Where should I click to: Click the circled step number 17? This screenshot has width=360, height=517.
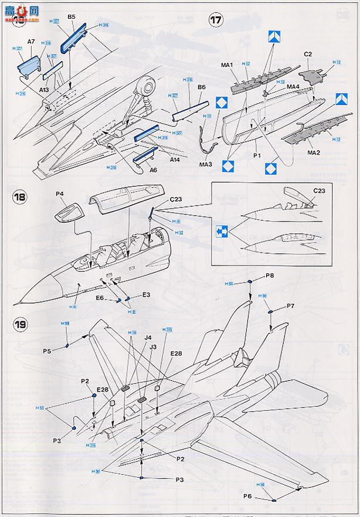point(216,20)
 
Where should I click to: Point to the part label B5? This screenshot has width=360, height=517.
point(72,18)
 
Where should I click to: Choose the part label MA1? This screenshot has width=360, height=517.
point(227,64)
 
